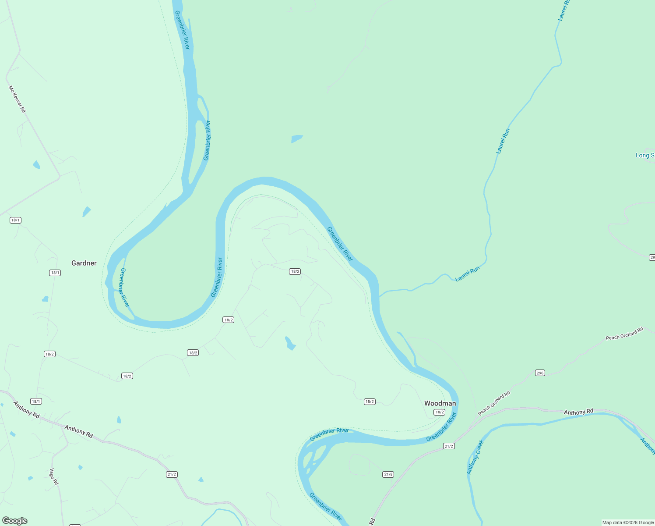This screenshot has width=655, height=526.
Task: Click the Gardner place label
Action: point(84,263)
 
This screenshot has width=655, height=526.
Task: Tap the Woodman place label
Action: point(440,403)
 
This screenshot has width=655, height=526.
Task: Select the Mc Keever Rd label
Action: point(18,99)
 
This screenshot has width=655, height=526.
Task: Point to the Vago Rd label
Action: point(53,476)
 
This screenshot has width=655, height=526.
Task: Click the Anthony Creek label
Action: point(475,457)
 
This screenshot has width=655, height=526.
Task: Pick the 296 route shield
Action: point(540,373)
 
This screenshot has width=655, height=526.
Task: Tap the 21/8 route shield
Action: point(388,474)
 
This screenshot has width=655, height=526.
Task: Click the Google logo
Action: point(15,521)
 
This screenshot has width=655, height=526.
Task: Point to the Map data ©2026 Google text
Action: point(628,522)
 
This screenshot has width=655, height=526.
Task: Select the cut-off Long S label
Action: point(645,156)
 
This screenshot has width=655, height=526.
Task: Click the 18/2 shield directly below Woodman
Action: point(440,412)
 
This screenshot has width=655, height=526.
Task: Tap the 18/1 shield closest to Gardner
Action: point(55,273)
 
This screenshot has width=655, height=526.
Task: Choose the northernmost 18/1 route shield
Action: point(15,220)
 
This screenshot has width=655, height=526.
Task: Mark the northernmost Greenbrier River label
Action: point(182,30)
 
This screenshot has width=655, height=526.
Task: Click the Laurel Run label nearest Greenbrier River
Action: point(468,274)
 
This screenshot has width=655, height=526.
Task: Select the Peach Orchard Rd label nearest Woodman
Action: point(494,403)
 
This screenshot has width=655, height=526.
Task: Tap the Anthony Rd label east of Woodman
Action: point(578,412)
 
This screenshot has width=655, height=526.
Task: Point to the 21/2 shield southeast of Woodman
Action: point(449,446)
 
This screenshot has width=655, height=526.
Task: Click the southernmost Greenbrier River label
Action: point(325,507)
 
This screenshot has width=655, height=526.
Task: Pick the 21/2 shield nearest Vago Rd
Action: point(172,474)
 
